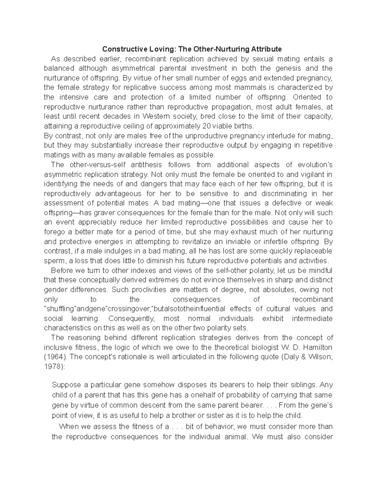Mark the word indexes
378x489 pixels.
[x=142, y=270]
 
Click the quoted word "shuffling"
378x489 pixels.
[x=60, y=309]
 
